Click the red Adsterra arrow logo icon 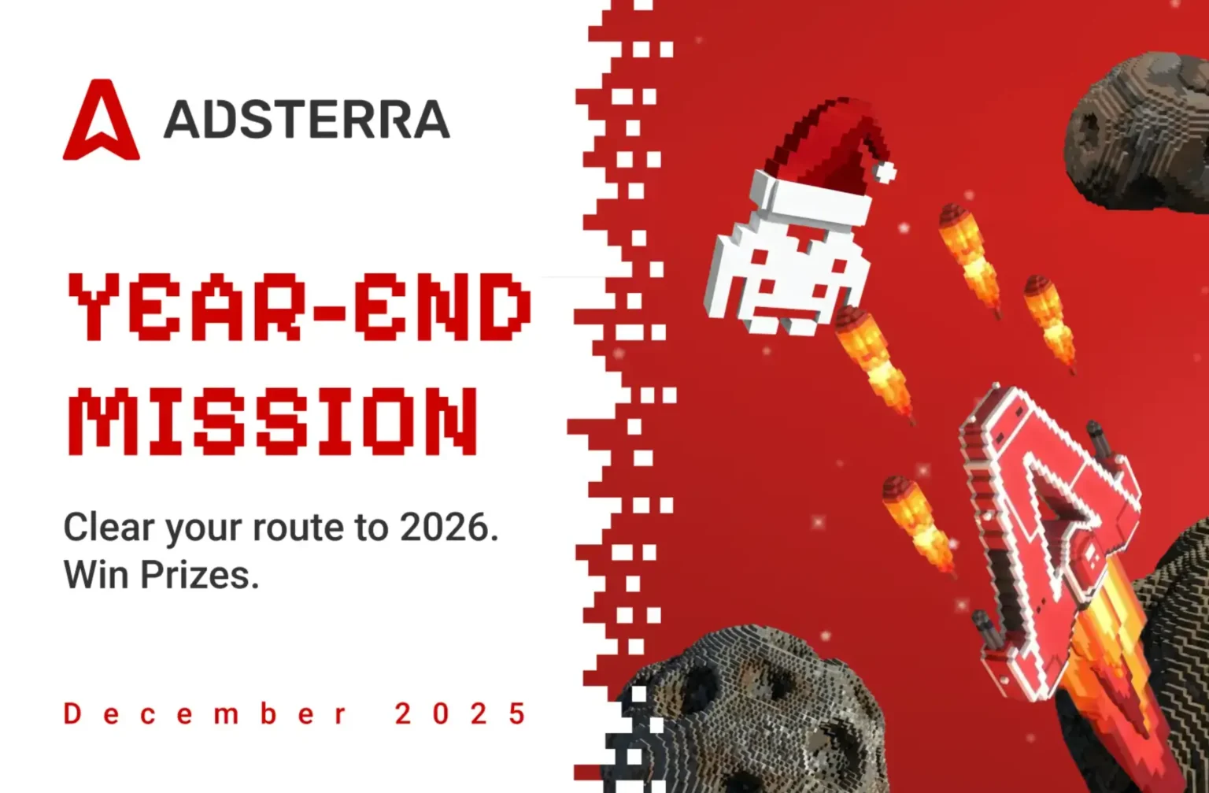(101, 122)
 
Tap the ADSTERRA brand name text (306, 120)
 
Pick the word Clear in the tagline (109, 527)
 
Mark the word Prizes (199, 575)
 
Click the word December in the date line (205, 713)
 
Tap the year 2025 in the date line (460, 713)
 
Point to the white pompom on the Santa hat (886, 171)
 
